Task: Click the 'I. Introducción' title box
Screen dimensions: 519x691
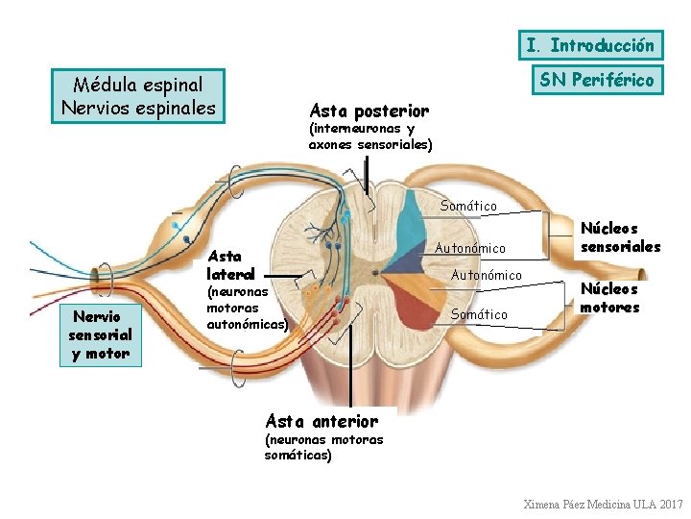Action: (590, 45)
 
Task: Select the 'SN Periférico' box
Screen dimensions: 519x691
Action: (596, 80)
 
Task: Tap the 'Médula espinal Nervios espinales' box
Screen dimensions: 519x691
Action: (138, 96)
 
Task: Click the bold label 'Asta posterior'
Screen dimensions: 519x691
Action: (369, 111)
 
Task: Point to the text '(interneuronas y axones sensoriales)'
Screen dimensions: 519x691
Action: (369, 136)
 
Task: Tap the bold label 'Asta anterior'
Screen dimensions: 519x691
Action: (322, 421)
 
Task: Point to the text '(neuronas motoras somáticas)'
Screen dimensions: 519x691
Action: (323, 447)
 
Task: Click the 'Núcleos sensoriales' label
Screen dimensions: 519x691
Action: (619, 237)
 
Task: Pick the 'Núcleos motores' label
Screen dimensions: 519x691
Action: (609, 298)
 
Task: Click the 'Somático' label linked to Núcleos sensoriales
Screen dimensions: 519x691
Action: (468, 206)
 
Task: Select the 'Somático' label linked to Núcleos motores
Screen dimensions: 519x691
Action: (479, 314)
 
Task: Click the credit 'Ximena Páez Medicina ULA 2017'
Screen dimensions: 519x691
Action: (603, 504)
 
